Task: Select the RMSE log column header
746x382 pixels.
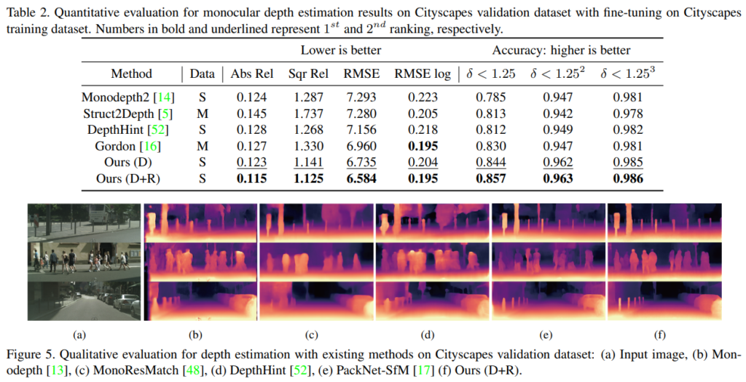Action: click(423, 73)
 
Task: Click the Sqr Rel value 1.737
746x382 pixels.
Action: click(307, 113)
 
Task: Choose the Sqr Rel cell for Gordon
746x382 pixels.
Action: click(307, 146)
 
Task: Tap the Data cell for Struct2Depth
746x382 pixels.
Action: click(201, 113)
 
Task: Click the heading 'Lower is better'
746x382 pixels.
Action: click(341, 50)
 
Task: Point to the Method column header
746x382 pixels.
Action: click(131, 73)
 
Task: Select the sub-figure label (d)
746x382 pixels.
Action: click(427, 335)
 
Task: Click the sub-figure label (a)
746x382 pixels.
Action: click(80, 335)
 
